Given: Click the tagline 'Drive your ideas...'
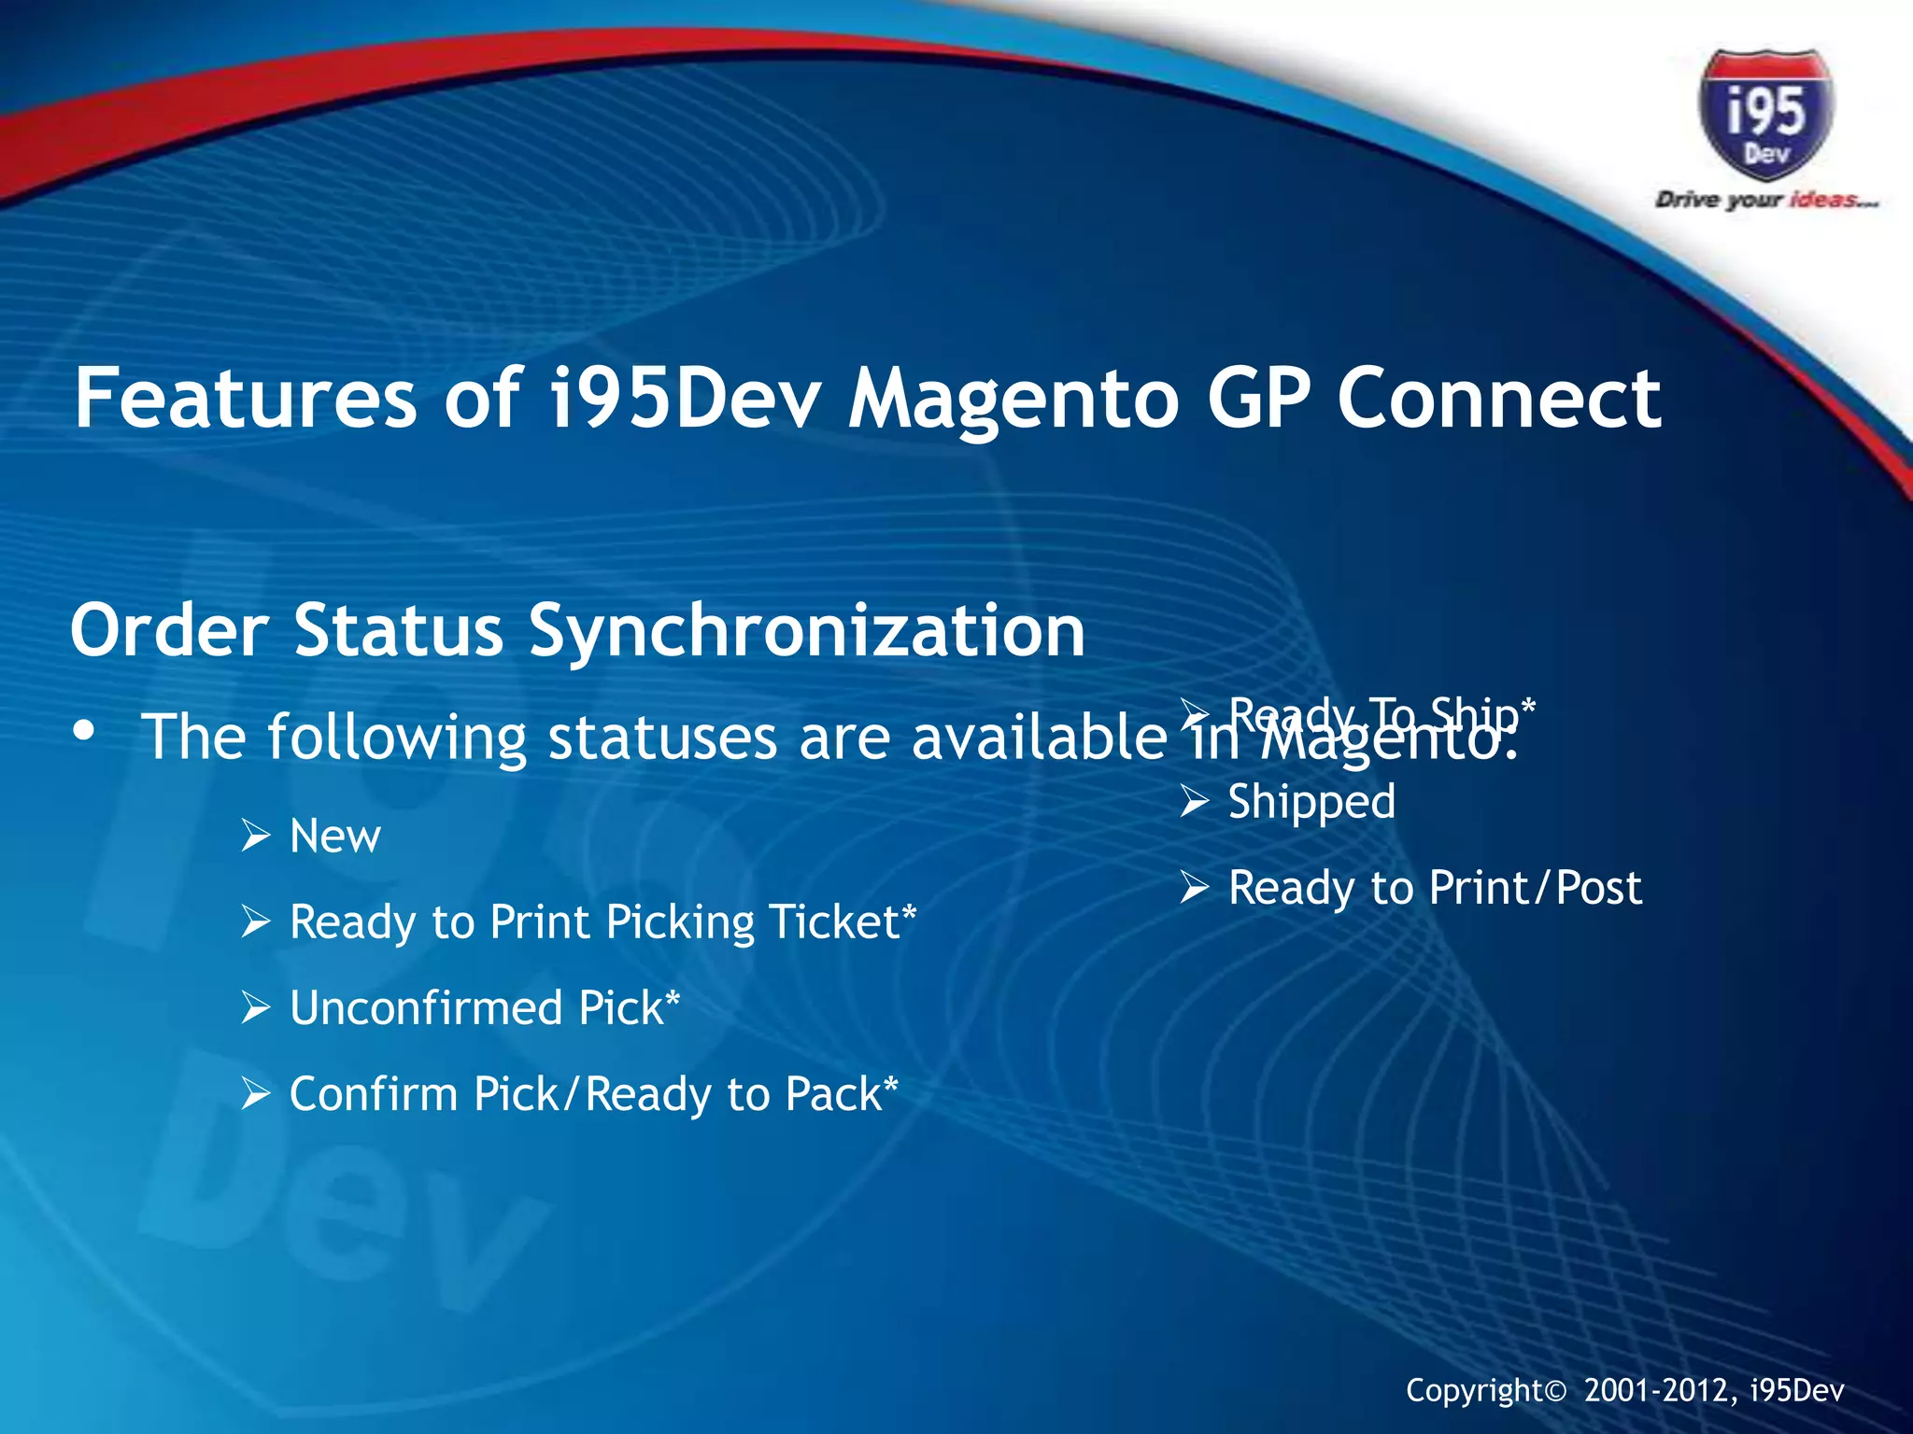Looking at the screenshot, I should click(x=1765, y=200).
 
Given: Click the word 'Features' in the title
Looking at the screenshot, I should click(x=245, y=399).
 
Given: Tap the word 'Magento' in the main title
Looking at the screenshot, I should click(x=1013, y=399).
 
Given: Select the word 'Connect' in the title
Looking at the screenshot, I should click(x=1498, y=399).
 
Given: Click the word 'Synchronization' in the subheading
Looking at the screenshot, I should click(x=806, y=632).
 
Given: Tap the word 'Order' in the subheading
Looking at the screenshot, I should click(x=169, y=630).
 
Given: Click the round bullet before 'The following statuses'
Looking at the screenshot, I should click(x=84, y=733).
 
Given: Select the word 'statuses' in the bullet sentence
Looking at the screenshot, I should click(x=662, y=738).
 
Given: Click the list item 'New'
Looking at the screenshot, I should click(x=334, y=836).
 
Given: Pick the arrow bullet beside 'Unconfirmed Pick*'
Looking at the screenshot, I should click(x=255, y=1008).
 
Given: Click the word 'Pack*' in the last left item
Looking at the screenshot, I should click(x=841, y=1094).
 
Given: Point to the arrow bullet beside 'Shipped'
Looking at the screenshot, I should click(x=1194, y=802).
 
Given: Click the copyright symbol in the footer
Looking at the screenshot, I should click(x=1555, y=1392).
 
